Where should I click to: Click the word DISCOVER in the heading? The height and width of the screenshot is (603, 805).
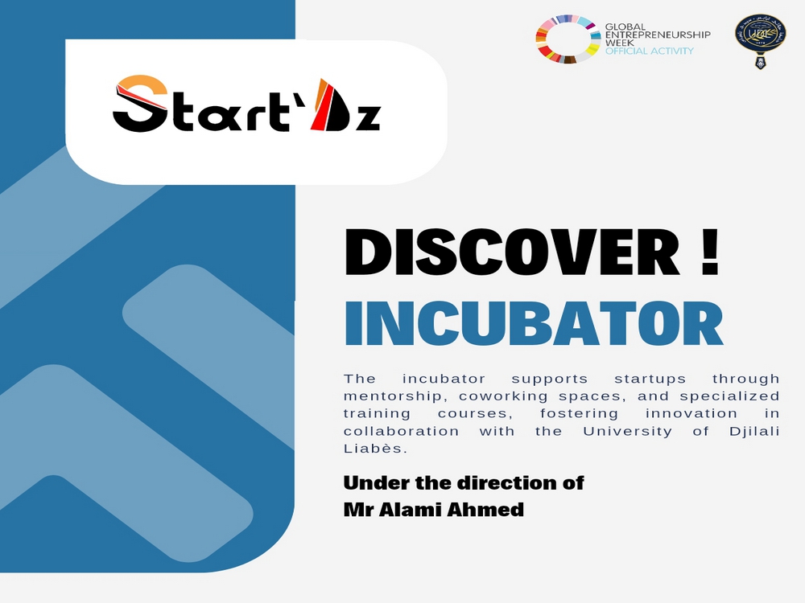[x=512, y=252]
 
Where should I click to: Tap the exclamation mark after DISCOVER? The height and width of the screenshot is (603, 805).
[x=709, y=252]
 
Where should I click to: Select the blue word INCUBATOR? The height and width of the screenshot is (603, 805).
[x=534, y=324]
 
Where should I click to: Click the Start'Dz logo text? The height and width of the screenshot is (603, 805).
[x=246, y=105]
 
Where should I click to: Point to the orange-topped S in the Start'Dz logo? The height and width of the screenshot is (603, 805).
[x=140, y=104]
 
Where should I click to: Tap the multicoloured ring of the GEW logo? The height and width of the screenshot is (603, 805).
[x=568, y=39]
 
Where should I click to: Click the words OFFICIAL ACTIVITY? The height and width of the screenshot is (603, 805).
[x=649, y=51]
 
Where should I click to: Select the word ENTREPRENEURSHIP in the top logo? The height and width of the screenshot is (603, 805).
[x=658, y=35]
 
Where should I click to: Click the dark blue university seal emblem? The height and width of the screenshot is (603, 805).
[x=761, y=41]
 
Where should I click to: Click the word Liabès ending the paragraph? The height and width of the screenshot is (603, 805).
[x=375, y=449]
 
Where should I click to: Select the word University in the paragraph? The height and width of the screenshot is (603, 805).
[x=627, y=431]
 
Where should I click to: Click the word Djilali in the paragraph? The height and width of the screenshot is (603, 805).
[x=754, y=431]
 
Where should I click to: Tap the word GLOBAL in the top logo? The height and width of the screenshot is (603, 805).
[x=625, y=27]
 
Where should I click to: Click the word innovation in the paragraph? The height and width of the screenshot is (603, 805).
[x=691, y=413]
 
